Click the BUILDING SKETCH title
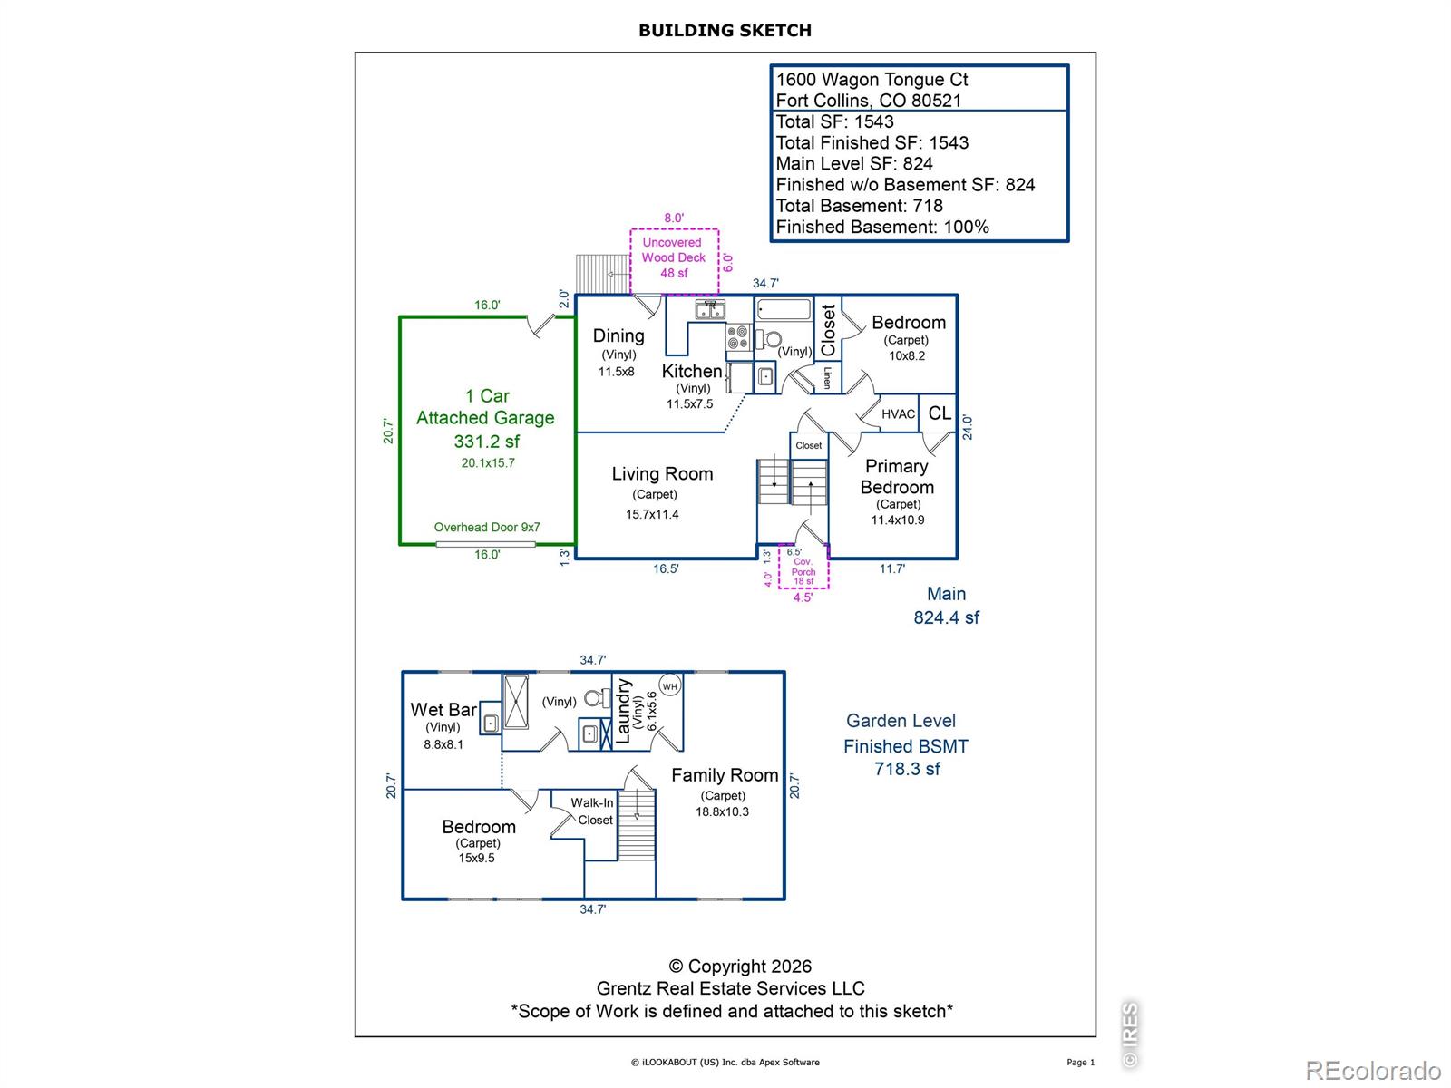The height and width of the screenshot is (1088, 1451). pyautogui.click(x=725, y=31)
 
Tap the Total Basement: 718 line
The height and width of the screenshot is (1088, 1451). pyautogui.click(x=859, y=206)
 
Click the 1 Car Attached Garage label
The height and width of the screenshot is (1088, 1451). pyautogui.click(x=486, y=406)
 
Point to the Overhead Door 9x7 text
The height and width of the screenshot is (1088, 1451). pyautogui.click(x=486, y=527)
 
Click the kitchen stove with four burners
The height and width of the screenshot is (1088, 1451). pyautogui.click(x=737, y=336)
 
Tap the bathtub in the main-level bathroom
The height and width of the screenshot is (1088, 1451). pyautogui.click(x=784, y=309)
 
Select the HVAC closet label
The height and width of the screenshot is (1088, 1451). pyautogui.click(x=898, y=414)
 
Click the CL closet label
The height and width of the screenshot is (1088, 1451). pyautogui.click(x=940, y=413)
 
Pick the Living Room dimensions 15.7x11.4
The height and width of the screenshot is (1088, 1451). pyautogui.click(x=652, y=515)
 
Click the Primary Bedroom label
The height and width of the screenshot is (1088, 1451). pyautogui.click(x=897, y=477)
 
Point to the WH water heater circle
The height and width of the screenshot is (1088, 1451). pyautogui.click(x=669, y=686)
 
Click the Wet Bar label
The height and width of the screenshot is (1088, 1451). pyautogui.click(x=443, y=710)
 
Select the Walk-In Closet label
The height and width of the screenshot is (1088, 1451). pyautogui.click(x=592, y=811)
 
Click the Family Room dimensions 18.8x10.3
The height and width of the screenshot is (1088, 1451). pyautogui.click(x=722, y=811)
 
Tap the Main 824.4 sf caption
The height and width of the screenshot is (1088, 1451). pyautogui.click(x=946, y=606)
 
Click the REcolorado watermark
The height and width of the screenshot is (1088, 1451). pyautogui.click(x=1372, y=1070)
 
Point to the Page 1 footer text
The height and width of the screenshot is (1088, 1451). pyautogui.click(x=1080, y=1063)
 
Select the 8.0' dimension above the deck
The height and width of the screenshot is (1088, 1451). pyautogui.click(x=674, y=218)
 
